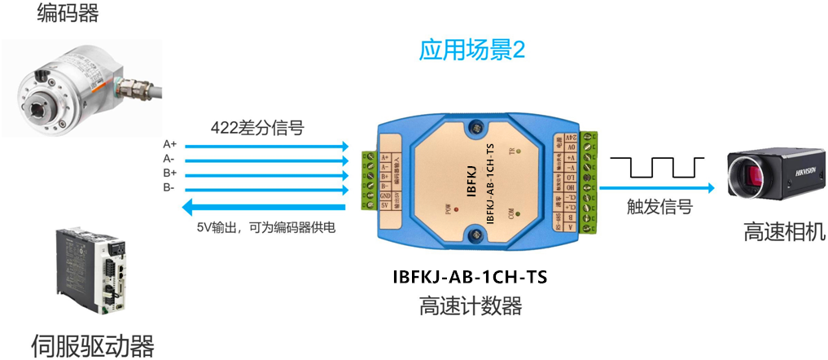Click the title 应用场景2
click(472, 51)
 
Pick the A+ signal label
click(170, 144)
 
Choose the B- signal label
click(169, 188)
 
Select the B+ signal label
click(170, 173)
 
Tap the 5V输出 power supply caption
click(266, 227)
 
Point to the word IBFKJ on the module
click(471, 180)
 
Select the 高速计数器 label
click(470, 307)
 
